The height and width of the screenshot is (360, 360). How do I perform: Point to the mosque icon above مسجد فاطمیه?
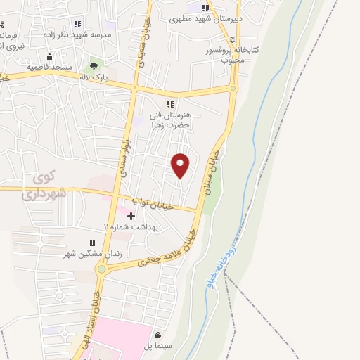tap(49, 57)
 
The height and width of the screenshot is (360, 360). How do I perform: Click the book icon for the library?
tap(233, 40)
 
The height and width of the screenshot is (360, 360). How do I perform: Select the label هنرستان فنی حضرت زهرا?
tap(171, 120)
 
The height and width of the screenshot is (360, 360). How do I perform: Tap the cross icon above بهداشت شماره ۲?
tap(131, 215)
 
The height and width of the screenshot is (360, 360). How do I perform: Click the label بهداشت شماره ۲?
tap(131, 227)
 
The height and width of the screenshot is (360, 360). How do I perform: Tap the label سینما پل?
tap(158, 347)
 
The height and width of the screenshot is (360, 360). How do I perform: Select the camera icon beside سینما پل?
tap(158, 335)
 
